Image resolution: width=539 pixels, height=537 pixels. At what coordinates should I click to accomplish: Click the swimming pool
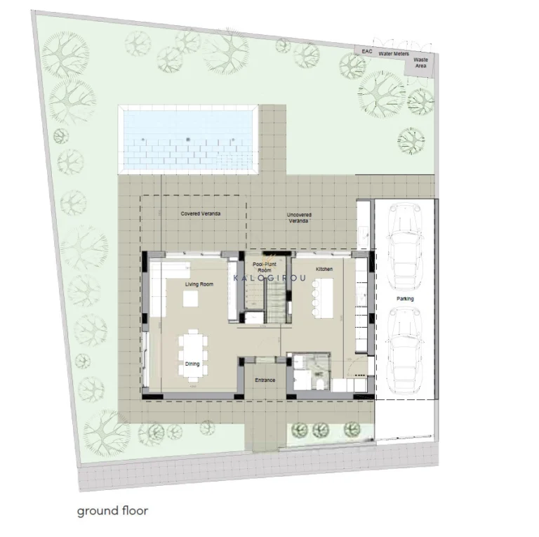pos(188,139)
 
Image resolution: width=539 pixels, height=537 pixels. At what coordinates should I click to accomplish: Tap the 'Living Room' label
pos(199,284)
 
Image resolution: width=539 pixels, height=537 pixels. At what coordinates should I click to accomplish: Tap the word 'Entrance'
pos(265,380)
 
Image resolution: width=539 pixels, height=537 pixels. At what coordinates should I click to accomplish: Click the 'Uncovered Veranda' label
pos(300,218)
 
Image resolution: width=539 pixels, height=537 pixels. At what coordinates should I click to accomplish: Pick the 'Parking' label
pos(405,299)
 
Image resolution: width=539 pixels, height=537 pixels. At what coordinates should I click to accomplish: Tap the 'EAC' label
pos(366,52)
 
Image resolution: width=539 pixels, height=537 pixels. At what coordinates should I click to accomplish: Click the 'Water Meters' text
pos(394,53)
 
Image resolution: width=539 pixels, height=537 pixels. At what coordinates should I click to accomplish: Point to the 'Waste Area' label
pos(421,63)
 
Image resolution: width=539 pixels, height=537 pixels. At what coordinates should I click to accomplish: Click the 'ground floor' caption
pos(112,510)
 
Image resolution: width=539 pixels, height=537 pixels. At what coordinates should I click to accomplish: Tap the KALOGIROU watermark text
pos(269,278)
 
